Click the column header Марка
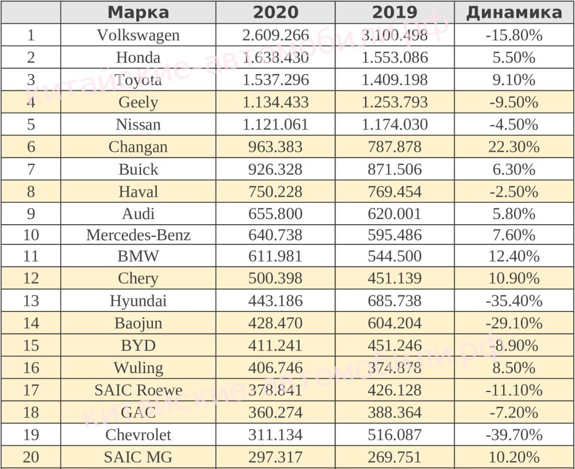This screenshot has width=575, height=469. click(x=138, y=13)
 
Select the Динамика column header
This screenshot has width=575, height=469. click(x=514, y=13)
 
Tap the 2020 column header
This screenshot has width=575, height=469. click(x=276, y=13)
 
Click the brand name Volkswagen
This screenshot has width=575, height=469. click(x=138, y=35)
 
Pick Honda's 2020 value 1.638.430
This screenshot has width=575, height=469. click(x=276, y=57)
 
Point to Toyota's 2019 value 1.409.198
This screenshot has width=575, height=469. click(x=395, y=80)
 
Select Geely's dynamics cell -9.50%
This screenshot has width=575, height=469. click(x=514, y=102)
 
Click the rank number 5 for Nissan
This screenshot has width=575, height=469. click(x=30, y=125)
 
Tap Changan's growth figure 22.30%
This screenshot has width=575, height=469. click(x=514, y=147)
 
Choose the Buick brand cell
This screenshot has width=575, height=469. click(x=138, y=170)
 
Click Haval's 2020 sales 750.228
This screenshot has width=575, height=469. click(x=276, y=191)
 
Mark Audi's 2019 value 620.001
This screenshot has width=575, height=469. click(x=395, y=214)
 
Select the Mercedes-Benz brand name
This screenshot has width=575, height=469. click(x=138, y=235)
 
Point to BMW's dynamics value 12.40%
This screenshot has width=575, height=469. click(x=514, y=256)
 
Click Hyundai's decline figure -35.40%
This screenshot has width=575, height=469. click(x=514, y=301)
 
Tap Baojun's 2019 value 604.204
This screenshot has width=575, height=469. click(x=395, y=323)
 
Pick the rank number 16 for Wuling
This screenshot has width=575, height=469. click(x=30, y=368)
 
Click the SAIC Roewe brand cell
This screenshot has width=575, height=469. click(x=138, y=390)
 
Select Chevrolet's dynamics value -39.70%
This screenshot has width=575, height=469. click(x=514, y=435)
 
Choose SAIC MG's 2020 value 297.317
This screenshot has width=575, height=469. click(x=276, y=458)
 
